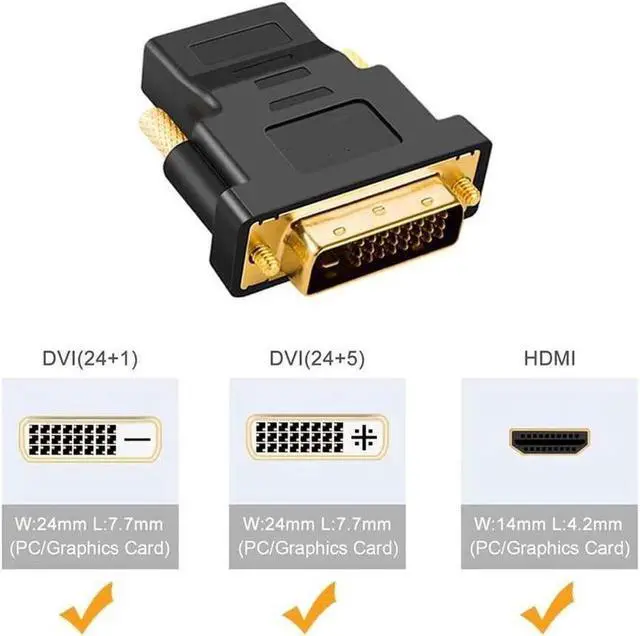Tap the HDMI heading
coord(548,359)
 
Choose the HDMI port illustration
coord(548,439)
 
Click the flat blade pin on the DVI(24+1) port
coord(136,439)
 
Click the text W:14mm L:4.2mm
coord(549,523)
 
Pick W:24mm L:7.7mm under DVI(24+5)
coord(317,523)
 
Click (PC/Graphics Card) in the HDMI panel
coord(549,548)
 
